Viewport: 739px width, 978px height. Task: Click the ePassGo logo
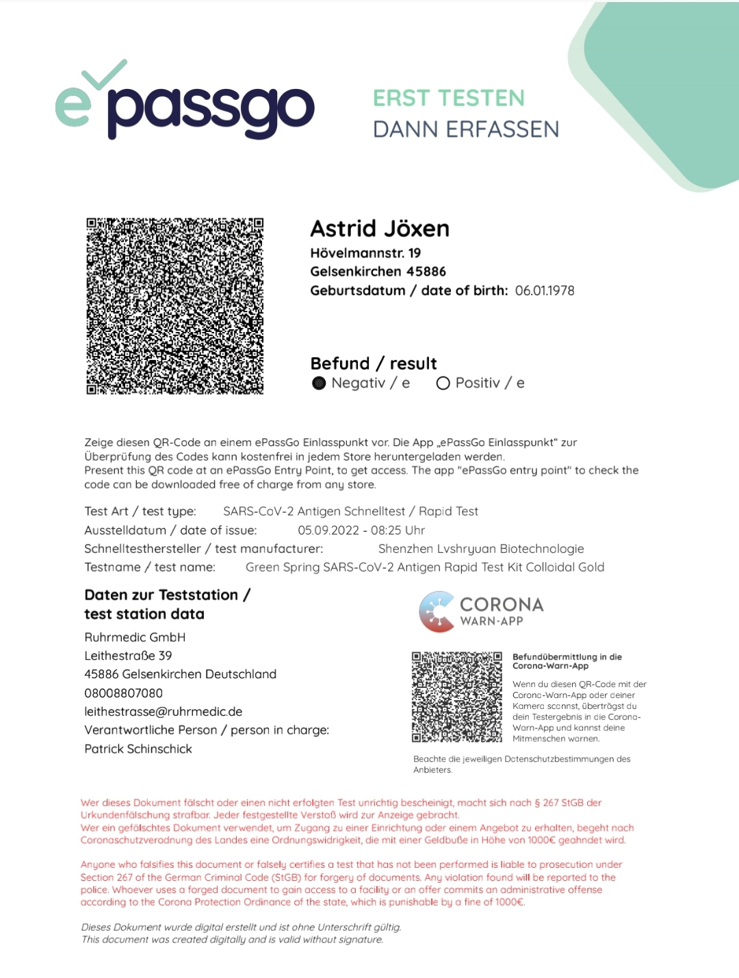pyautogui.click(x=185, y=103)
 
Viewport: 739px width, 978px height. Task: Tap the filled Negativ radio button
pyautogui.click(x=319, y=383)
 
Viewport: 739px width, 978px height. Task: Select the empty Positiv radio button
pyautogui.click(x=443, y=383)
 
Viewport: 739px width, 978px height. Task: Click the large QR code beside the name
pyautogui.click(x=174, y=306)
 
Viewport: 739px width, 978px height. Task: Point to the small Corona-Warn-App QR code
pyautogui.click(x=456, y=697)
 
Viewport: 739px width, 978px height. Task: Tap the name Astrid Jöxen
pyautogui.click(x=380, y=229)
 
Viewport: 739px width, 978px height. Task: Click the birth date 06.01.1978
pyautogui.click(x=545, y=291)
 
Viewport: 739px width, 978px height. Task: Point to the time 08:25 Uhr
pyautogui.click(x=398, y=530)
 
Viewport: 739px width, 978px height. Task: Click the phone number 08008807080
pyautogui.click(x=124, y=693)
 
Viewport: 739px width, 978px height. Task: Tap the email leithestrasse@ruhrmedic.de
pyautogui.click(x=164, y=712)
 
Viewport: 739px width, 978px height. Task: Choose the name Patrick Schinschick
pyautogui.click(x=138, y=749)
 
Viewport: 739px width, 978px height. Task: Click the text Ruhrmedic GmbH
pyautogui.click(x=135, y=637)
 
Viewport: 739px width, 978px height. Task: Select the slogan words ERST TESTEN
pyautogui.click(x=449, y=99)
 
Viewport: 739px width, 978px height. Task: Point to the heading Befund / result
pyautogui.click(x=374, y=363)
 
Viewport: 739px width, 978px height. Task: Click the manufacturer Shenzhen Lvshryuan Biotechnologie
pyautogui.click(x=481, y=549)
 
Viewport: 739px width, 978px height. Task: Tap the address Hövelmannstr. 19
pyautogui.click(x=365, y=253)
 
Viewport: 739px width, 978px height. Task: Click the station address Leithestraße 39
pyautogui.click(x=128, y=656)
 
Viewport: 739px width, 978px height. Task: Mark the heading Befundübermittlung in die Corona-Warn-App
pyautogui.click(x=567, y=661)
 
